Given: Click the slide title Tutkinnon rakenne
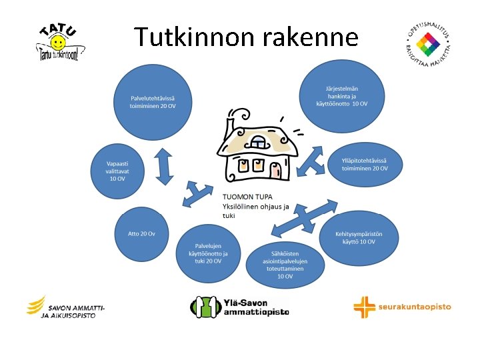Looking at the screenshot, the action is click(x=246, y=37).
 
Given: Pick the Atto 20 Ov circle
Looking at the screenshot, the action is click(x=141, y=234).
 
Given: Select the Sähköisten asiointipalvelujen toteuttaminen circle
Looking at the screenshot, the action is click(x=285, y=264).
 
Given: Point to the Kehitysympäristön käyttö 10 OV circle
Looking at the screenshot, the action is click(x=358, y=237).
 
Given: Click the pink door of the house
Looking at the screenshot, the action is click(x=277, y=170).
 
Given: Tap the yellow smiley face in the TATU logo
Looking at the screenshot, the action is click(x=59, y=43).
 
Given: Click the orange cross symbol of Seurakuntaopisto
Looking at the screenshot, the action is click(x=364, y=307).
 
